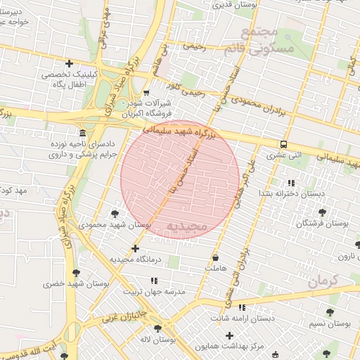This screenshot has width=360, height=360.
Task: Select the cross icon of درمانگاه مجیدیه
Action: (135, 248)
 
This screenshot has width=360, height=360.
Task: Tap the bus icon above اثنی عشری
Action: (283, 143)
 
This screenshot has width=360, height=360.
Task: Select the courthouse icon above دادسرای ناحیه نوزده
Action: (83, 133)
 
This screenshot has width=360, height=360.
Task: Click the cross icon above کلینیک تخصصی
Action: (68, 64)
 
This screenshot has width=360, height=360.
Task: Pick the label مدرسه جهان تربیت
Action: (154, 291)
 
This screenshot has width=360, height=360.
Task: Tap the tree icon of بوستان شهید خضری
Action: (76, 273)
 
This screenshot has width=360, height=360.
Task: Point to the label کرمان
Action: (323, 281)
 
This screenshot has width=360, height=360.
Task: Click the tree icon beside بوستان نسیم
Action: (330, 312)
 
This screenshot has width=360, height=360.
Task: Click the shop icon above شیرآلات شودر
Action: (146, 93)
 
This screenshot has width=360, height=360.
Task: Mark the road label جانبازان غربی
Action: (123, 315)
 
